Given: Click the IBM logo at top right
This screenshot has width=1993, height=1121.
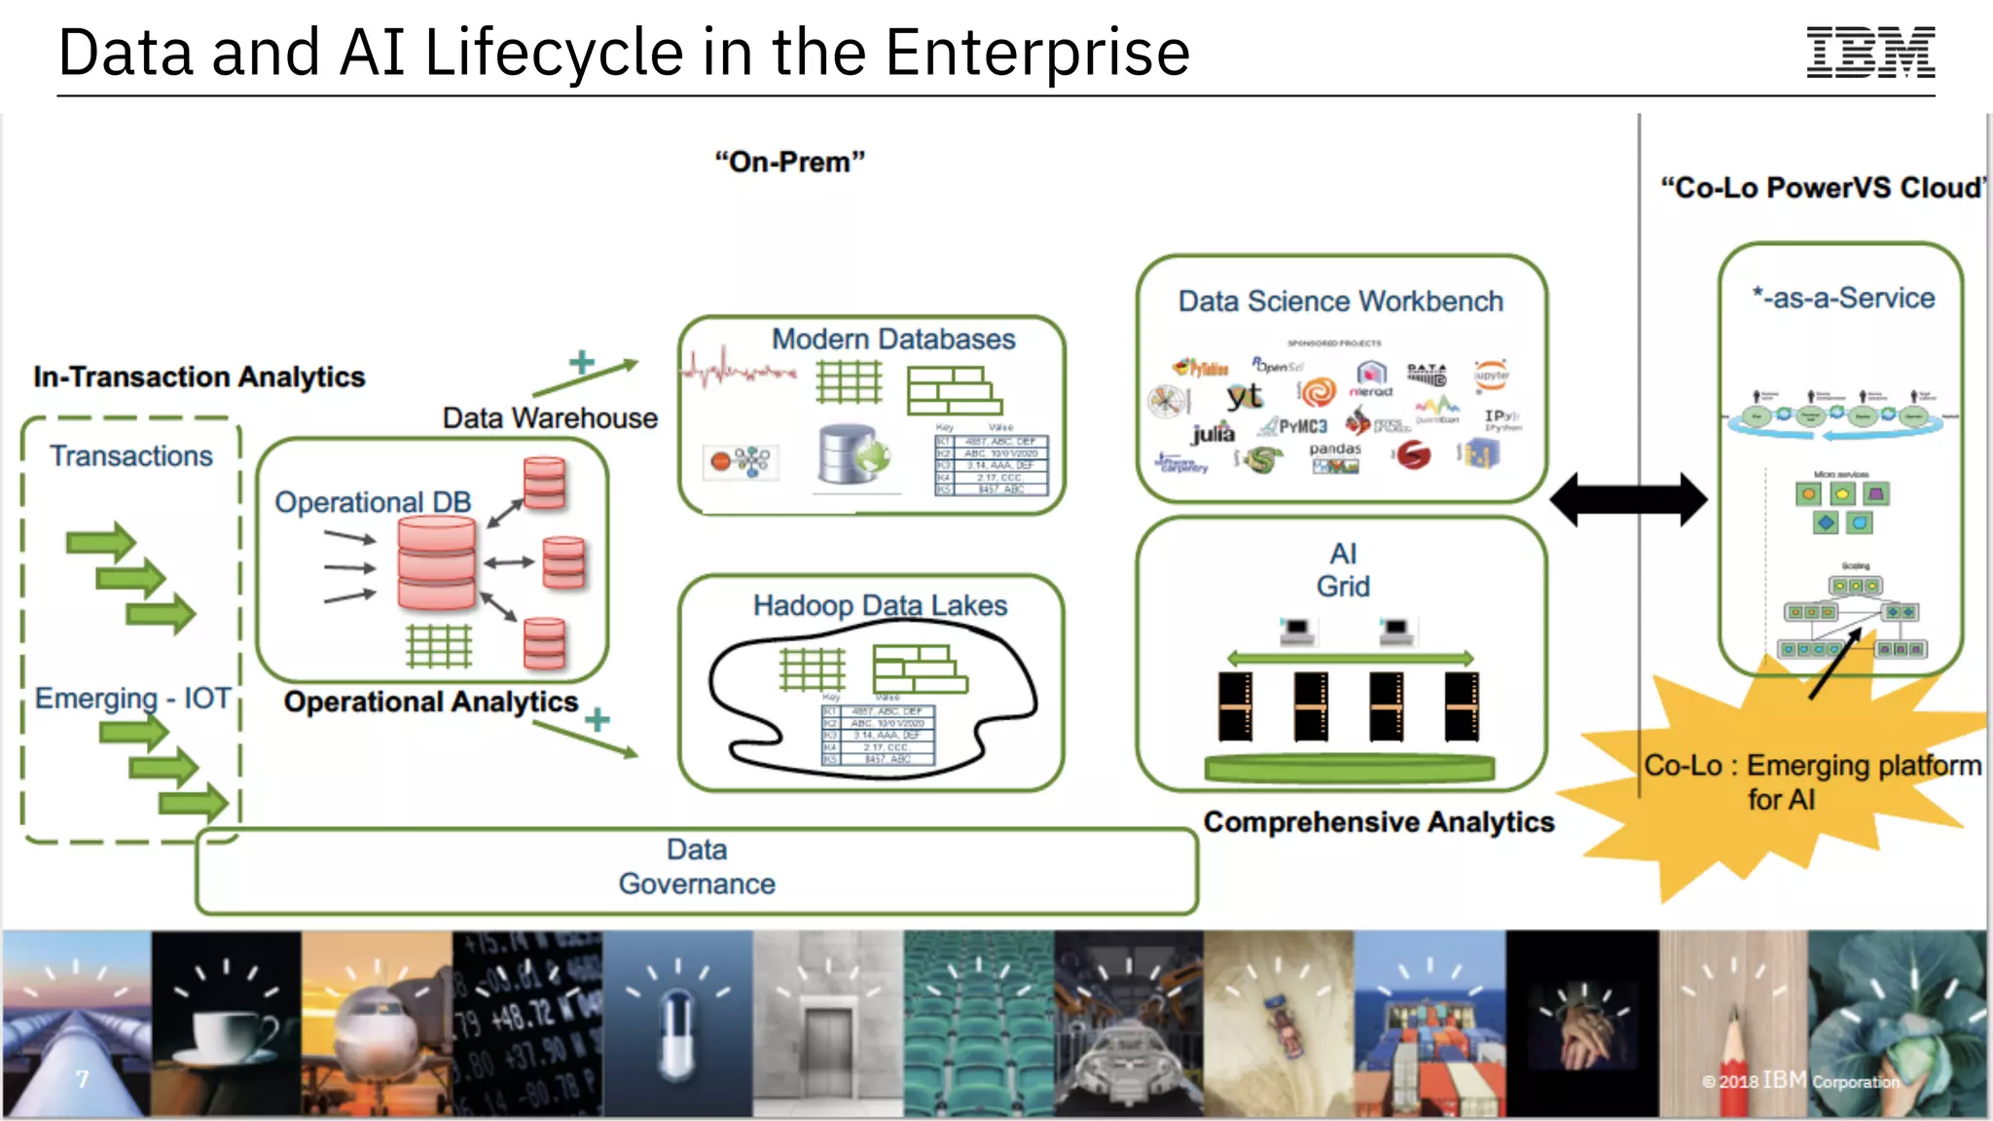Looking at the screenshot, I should click(1869, 53).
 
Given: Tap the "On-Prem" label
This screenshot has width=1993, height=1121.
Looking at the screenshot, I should click(789, 162).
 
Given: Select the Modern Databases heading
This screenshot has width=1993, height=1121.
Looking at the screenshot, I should click(892, 340).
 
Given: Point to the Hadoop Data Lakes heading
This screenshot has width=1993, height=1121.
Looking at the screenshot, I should click(880, 605).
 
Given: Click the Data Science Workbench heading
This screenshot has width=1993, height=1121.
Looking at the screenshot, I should click(1340, 302).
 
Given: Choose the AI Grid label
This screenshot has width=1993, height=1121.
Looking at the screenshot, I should click(1343, 570).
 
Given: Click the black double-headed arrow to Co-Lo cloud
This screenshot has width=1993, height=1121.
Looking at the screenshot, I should click(1628, 499).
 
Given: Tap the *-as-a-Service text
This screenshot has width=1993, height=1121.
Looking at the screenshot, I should click(1843, 298).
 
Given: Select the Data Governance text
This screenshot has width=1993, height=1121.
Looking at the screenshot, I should click(697, 866).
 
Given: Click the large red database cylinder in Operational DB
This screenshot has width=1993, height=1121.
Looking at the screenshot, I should click(437, 563).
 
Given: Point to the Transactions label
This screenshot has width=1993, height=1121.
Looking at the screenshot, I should click(131, 456).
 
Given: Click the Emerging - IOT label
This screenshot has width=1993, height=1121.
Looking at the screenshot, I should click(133, 698).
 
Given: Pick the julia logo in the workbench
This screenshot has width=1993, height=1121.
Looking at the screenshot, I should click(1213, 432).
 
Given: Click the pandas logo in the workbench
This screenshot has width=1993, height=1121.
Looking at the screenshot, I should click(1334, 451).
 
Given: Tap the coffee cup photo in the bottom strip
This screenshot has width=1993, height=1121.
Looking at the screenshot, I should click(226, 1027).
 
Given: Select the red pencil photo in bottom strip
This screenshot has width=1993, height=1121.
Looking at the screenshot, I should click(1732, 1027).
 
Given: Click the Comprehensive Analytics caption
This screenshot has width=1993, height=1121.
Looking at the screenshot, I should click(1378, 822).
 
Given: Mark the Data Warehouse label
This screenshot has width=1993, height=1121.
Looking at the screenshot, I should click(550, 418).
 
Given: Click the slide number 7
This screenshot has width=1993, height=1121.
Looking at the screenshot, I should click(83, 1079).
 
